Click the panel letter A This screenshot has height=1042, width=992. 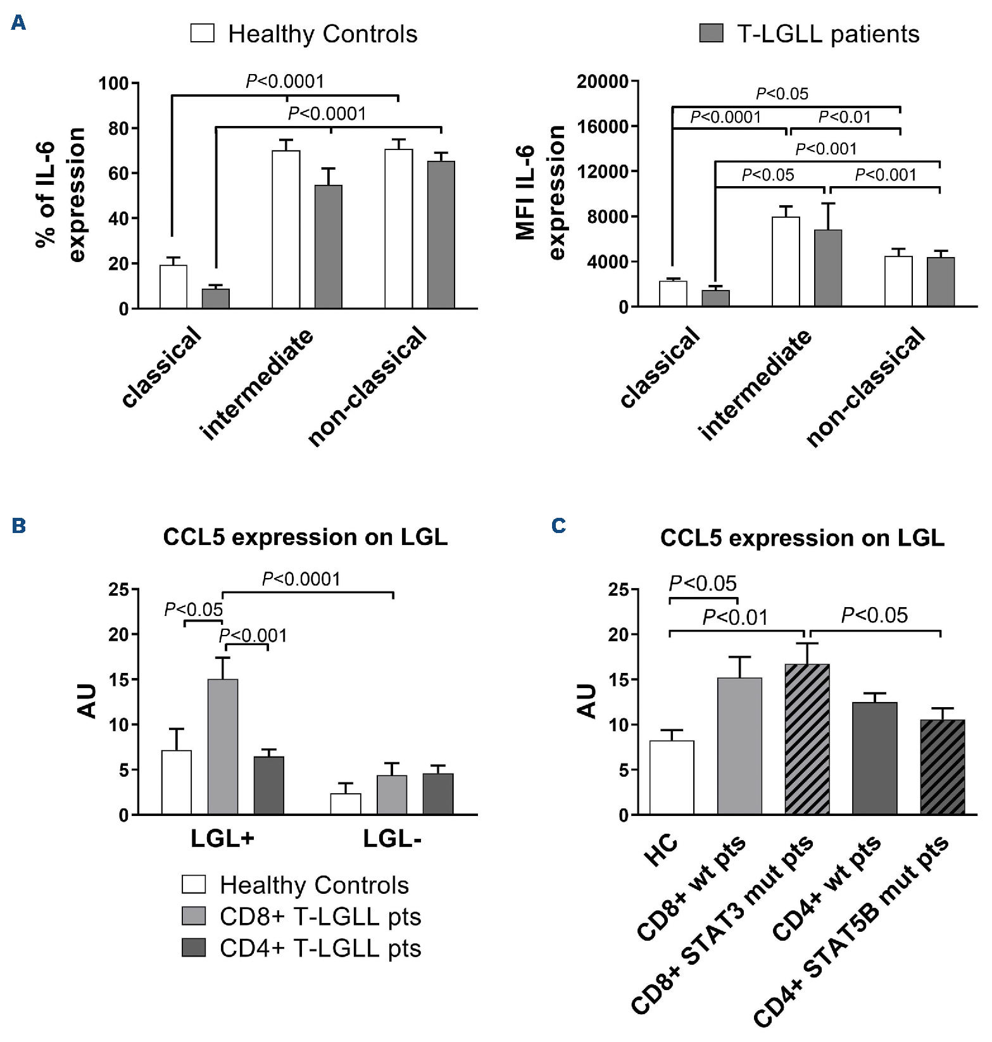point(18,23)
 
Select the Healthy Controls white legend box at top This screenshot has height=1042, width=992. point(203,34)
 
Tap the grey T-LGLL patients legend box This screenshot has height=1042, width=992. point(711,34)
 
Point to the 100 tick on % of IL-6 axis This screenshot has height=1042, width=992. point(113,84)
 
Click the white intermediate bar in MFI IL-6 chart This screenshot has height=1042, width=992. point(786,262)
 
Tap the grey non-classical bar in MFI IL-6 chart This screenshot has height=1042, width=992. point(941,282)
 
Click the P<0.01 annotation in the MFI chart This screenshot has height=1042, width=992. point(844,117)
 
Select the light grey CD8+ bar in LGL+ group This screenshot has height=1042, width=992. point(223,747)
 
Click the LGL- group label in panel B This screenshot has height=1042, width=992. point(392,839)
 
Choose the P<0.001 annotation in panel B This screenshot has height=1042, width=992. point(253,635)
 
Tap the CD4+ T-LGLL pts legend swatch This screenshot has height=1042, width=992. point(194,948)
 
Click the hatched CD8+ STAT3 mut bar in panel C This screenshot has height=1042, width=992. point(807,739)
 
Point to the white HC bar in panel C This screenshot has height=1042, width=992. point(672,777)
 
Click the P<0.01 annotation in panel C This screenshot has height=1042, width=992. point(735,617)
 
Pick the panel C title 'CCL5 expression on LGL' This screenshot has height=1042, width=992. point(802,538)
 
